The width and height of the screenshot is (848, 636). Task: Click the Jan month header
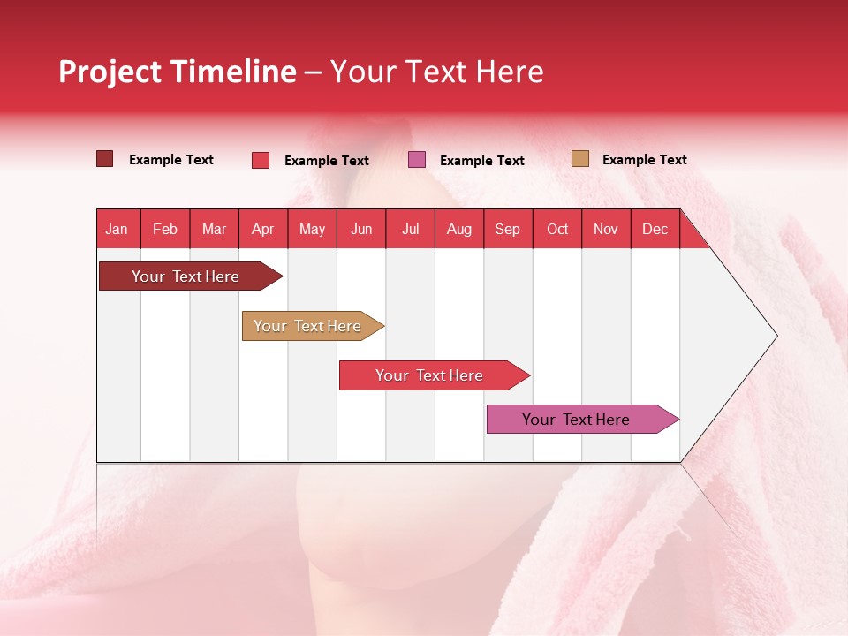pos(117,229)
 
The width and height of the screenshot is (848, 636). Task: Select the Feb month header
pos(165,229)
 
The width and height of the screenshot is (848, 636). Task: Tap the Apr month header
pos(262,229)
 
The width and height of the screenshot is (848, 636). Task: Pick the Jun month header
pos(361,229)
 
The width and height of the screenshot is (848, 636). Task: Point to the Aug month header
pos(458,229)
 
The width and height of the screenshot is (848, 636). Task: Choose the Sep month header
pos(507,229)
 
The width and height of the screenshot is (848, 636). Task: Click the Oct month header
pos(557,229)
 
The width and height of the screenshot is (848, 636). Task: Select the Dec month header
pos(655,229)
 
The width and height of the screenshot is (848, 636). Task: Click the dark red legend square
pos(105,159)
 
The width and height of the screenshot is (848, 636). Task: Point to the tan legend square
pos(580,159)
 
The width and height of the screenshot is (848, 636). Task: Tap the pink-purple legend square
pos(417,160)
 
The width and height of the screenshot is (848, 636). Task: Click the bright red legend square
pos(261,160)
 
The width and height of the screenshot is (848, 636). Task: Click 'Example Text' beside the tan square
pos(644,160)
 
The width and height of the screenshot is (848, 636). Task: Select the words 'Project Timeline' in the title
pos(177,72)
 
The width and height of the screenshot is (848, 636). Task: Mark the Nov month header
pos(606,229)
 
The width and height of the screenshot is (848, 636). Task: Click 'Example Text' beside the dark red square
pos(170,160)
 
